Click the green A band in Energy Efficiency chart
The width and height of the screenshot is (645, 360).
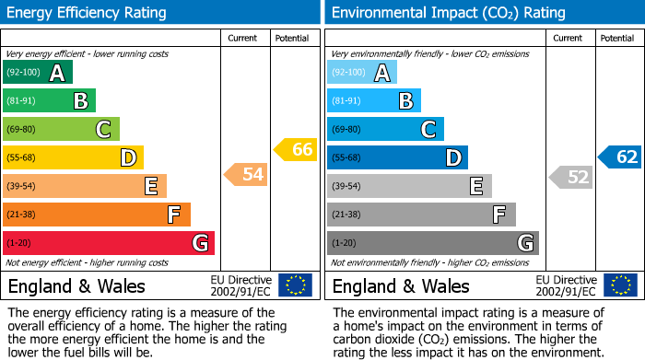pyautogui.click(x=37, y=73)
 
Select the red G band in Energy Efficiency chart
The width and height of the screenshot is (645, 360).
pyautogui.click(x=109, y=243)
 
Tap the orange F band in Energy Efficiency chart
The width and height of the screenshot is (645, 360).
pyautogui.click(x=97, y=215)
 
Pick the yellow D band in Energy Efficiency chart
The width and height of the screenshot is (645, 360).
pyautogui.click(x=73, y=157)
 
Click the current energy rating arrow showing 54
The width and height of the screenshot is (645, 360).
pyautogui.click(x=246, y=173)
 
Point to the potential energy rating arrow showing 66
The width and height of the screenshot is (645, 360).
pyautogui.click(x=296, y=149)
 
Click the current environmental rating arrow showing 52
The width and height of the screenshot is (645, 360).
pyautogui.click(x=571, y=177)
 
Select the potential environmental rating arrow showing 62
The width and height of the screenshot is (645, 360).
pyautogui.click(x=620, y=157)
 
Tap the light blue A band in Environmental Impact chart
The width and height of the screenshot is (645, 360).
pyautogui.click(x=362, y=73)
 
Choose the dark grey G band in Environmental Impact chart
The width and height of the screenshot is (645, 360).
pyautogui.click(x=432, y=243)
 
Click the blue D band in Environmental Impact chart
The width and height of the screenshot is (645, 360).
pyautogui.click(x=397, y=157)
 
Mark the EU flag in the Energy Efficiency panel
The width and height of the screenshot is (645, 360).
pyautogui.click(x=295, y=285)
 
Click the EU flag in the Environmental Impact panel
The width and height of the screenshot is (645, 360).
pyautogui.click(x=620, y=285)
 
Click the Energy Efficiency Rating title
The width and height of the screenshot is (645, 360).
pyautogui.click(x=88, y=13)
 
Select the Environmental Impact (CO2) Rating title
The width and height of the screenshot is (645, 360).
pyautogui.click(x=448, y=13)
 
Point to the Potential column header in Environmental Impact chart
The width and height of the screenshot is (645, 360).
pyautogui.click(x=616, y=38)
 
